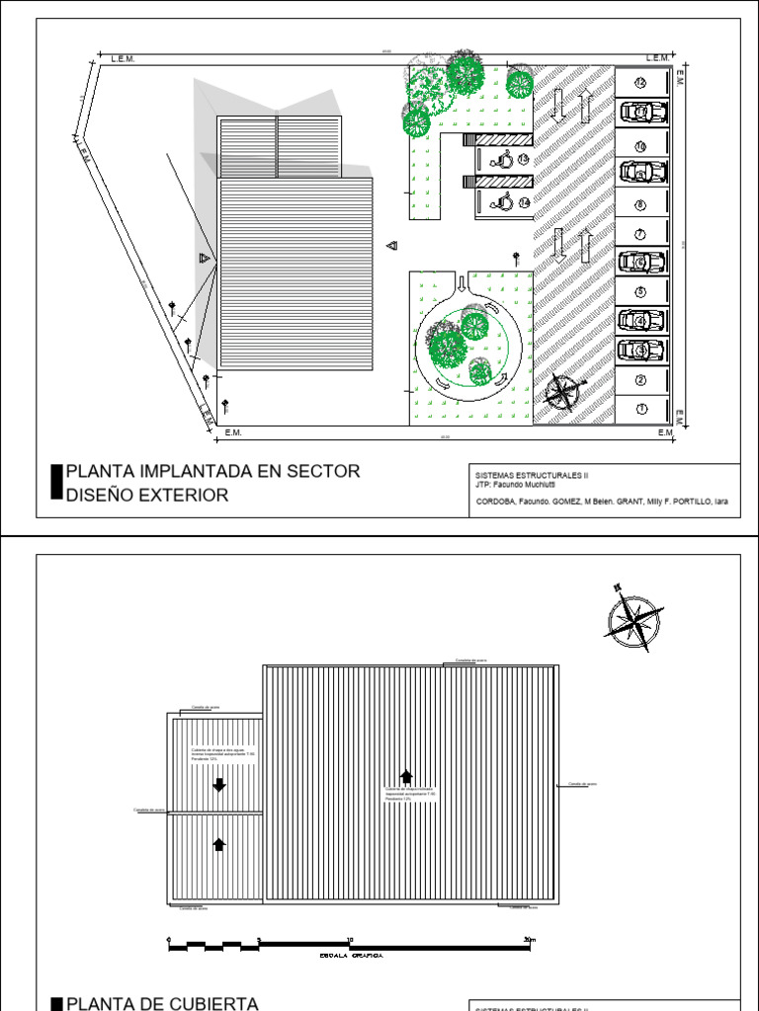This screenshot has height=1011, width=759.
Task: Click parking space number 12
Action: pyautogui.click(x=640, y=82)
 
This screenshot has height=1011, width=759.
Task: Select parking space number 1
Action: pyautogui.click(x=640, y=409)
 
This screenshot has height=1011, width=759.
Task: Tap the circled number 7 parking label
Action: pyautogui.click(x=640, y=234)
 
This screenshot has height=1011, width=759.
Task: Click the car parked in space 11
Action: pyautogui.click(x=642, y=112)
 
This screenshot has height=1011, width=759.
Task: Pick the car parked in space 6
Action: pyautogui.click(x=642, y=263)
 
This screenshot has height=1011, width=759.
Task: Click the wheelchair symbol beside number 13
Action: pyautogui.click(x=504, y=158)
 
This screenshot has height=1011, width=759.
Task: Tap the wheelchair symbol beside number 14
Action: pyautogui.click(x=504, y=202)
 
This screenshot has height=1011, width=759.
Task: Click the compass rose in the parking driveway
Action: pyautogui.click(x=560, y=392)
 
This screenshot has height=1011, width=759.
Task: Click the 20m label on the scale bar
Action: pyautogui.click(x=530, y=939)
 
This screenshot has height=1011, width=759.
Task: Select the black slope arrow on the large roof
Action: pyautogui.click(x=404, y=775)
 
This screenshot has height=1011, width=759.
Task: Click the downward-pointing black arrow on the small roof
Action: pyautogui.click(x=219, y=785)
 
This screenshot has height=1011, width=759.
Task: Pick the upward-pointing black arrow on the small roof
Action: pyautogui.click(x=219, y=843)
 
